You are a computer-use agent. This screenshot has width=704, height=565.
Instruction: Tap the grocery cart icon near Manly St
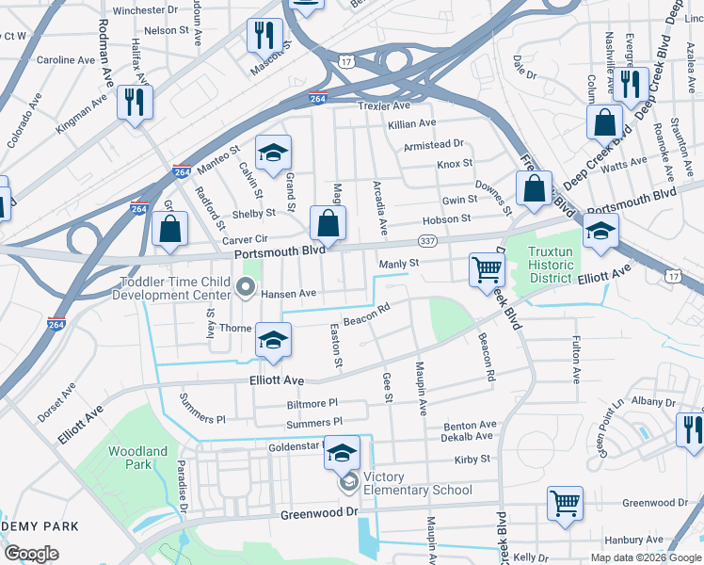coord(487,269)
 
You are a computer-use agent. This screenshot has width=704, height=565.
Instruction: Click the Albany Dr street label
coord(648,401)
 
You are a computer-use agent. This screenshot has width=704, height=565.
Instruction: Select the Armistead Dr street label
coord(434,144)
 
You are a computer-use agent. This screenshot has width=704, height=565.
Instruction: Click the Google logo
coord(32,554)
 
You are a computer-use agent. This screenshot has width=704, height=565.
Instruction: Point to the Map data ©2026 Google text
coord(646,557)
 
